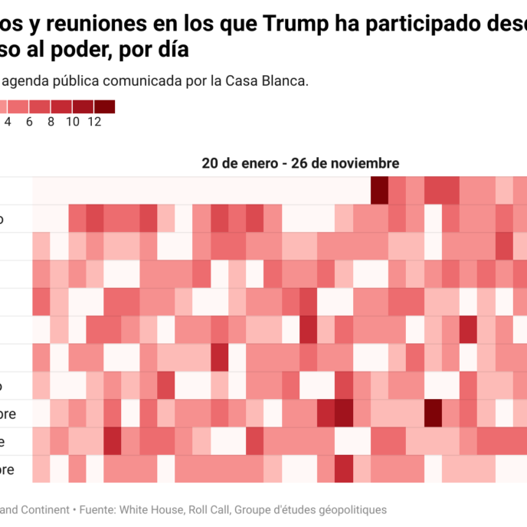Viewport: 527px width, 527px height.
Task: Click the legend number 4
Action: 8,121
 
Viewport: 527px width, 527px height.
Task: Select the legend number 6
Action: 29,121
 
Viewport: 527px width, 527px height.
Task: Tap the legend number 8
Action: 51,121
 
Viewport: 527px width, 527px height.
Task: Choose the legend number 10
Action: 73,121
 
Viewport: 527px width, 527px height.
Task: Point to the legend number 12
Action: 94,121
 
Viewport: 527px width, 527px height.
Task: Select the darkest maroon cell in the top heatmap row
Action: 379,191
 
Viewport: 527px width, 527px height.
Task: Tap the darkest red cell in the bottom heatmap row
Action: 344,468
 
